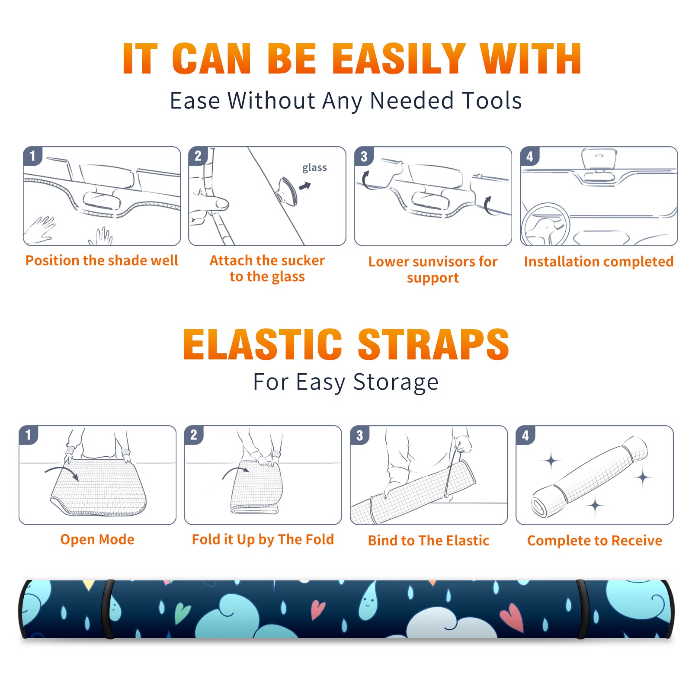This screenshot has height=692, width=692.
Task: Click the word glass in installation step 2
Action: point(314,168)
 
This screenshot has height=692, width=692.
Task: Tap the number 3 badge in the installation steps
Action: point(364,157)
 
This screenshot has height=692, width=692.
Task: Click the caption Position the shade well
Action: point(102,260)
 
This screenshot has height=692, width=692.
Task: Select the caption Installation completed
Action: point(599,261)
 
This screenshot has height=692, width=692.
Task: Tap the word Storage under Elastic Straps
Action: point(396,382)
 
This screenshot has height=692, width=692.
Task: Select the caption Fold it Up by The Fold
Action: point(263,539)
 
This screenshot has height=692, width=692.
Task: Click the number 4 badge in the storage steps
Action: point(525,435)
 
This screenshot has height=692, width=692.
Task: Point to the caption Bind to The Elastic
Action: point(429,540)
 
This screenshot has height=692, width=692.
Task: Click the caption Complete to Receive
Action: point(595,540)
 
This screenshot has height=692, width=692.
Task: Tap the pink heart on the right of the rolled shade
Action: point(512,616)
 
